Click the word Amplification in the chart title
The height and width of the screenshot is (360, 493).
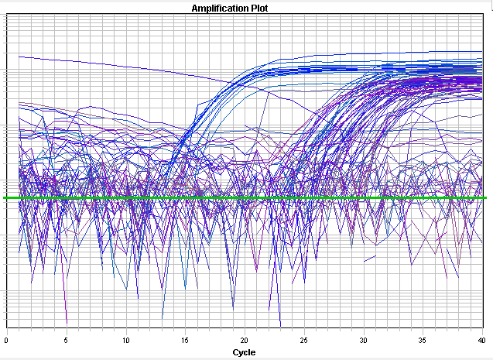tap(221, 8)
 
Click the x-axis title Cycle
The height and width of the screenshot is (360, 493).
tap(244, 352)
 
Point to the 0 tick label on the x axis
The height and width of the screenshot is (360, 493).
tap(7, 340)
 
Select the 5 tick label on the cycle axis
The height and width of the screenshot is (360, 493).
tap(67, 340)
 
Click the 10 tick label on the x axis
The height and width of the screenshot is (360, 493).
tap(126, 340)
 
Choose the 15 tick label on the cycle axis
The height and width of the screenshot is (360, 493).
tap(186, 340)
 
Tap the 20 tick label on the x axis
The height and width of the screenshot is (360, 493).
tap(245, 340)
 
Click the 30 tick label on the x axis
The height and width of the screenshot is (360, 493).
tap(364, 340)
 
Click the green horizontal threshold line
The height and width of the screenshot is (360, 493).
tap(232, 198)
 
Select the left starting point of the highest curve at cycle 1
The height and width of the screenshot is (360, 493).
tap(19, 57)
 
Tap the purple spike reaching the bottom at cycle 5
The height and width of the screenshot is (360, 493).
tap(67, 321)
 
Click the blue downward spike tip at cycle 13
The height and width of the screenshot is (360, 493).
tap(162, 317)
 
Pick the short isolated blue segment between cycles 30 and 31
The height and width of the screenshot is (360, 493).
tap(370, 259)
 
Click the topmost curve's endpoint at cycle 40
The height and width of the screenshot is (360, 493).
tap(482, 52)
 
